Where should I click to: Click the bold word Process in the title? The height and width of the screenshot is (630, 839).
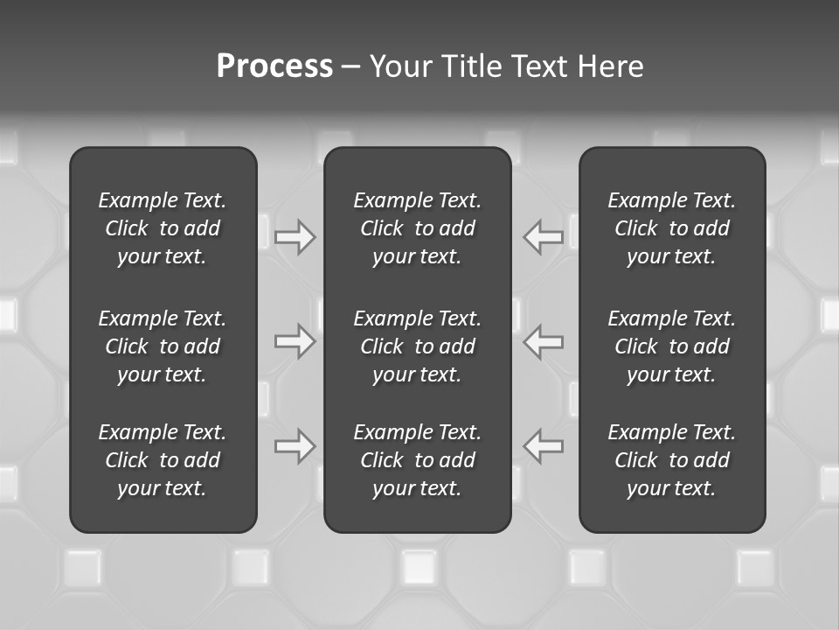[x=274, y=66]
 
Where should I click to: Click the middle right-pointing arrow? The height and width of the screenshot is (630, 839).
[x=295, y=341]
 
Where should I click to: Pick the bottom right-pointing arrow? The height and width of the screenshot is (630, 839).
[x=295, y=446]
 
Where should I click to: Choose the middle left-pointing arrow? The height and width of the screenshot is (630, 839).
[x=544, y=341]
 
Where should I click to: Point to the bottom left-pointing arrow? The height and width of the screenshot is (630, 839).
[x=544, y=446]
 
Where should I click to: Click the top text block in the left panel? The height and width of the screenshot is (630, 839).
[x=163, y=228]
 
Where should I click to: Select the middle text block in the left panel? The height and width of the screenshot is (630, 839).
[x=163, y=346]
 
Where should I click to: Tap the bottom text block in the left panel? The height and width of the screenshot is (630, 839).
[x=163, y=460]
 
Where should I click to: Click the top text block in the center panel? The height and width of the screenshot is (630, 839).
[x=417, y=228]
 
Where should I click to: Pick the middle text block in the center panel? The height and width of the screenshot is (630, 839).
[x=417, y=346]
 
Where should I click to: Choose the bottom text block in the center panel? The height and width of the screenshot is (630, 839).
[x=417, y=460]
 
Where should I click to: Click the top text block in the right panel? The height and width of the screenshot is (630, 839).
[x=671, y=228]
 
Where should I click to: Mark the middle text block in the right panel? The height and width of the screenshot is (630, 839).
[x=671, y=346]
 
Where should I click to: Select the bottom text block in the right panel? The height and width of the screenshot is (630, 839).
[x=671, y=460]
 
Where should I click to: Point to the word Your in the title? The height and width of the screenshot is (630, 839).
[x=400, y=66]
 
